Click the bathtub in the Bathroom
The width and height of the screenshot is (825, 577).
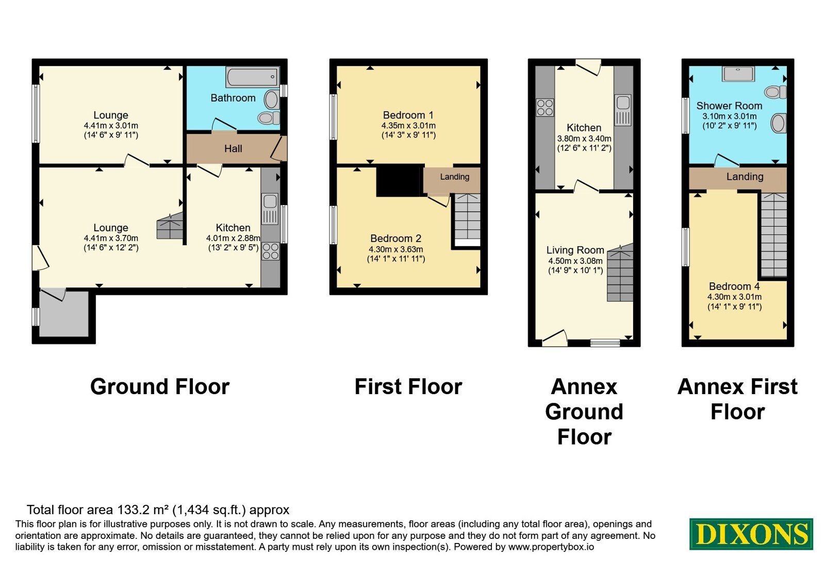(x=252, y=77)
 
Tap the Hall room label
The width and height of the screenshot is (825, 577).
(x=233, y=149)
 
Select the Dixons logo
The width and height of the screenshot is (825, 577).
(x=751, y=534)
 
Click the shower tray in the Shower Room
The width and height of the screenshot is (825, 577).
(x=738, y=74)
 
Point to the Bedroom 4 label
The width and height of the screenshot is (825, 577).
(x=734, y=286)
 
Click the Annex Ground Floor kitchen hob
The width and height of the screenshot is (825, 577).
(x=544, y=108)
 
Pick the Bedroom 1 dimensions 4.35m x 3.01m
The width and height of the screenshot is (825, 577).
(x=408, y=126)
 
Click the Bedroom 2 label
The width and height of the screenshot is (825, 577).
(x=395, y=239)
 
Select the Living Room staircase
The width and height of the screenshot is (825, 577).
(x=621, y=273)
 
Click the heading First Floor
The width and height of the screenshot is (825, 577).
(x=408, y=387)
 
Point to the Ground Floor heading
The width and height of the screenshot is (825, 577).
(x=160, y=387)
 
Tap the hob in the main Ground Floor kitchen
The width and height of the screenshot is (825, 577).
(x=270, y=251)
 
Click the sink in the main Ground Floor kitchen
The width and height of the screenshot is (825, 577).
(x=270, y=209)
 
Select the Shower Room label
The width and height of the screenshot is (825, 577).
(x=729, y=106)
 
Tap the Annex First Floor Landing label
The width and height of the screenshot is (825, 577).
(x=745, y=177)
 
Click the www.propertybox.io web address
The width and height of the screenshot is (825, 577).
(x=551, y=547)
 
